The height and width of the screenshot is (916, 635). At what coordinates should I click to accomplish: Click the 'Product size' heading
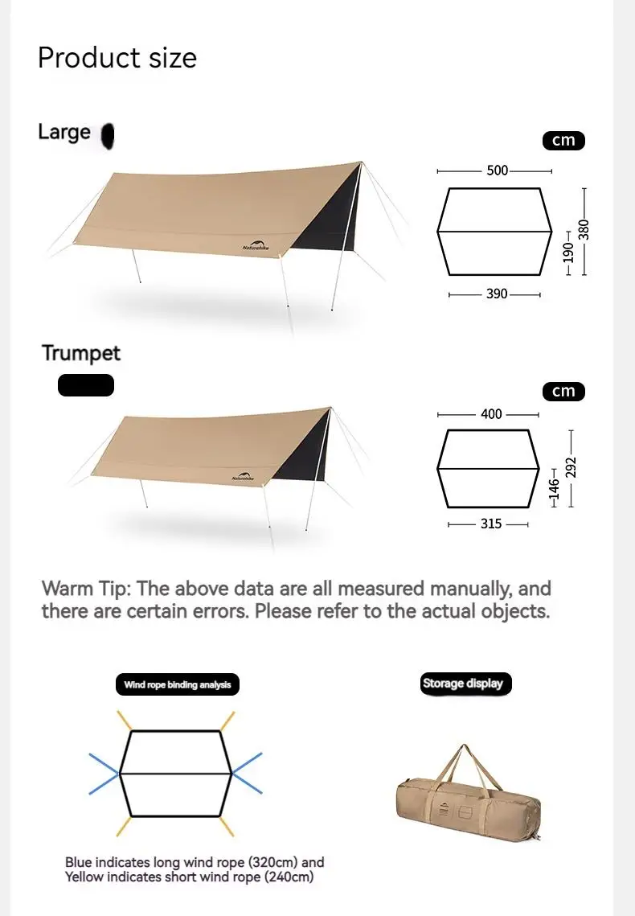pyautogui.click(x=117, y=58)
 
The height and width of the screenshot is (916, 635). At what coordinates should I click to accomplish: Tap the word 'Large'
pyautogui.click(x=64, y=132)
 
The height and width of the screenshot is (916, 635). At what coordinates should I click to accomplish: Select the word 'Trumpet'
pyautogui.click(x=81, y=353)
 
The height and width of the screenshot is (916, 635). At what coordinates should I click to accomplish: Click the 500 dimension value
pyautogui.click(x=498, y=170)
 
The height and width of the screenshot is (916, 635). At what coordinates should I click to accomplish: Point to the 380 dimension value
pyautogui.click(x=584, y=230)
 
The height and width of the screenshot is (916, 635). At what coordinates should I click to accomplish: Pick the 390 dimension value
pyautogui.click(x=497, y=294)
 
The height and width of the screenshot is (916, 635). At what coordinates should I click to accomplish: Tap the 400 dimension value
pyautogui.click(x=491, y=414)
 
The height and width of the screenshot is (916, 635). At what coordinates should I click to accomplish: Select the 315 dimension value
pyautogui.click(x=491, y=524)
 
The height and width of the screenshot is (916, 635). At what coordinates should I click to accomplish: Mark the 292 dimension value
pyautogui.click(x=571, y=467)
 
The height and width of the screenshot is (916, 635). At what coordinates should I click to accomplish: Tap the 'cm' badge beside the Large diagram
pyautogui.click(x=563, y=140)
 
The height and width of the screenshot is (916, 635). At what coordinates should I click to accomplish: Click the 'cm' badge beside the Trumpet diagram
pyautogui.click(x=563, y=391)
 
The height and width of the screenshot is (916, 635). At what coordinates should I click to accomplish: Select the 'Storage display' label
pyautogui.click(x=463, y=684)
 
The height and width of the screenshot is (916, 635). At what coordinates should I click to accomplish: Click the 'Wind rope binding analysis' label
pyautogui.click(x=178, y=685)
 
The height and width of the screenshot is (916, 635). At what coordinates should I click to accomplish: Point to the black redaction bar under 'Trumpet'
pyautogui.click(x=86, y=385)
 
